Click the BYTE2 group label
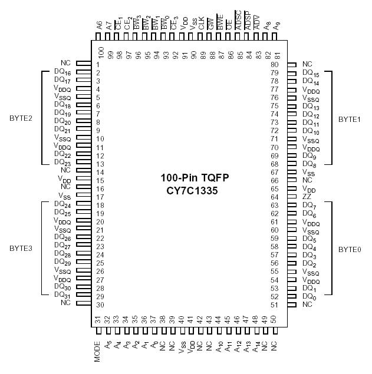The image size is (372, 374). [21, 118]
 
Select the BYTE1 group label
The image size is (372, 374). [350, 118]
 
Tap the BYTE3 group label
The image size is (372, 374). [21, 248]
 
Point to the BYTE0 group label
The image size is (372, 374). [350, 249]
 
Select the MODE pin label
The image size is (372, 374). [98, 352]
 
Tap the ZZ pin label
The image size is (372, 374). [307, 197]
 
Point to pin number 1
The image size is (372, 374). [98, 64]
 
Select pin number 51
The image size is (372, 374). [274, 305]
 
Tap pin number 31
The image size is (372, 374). [98, 319]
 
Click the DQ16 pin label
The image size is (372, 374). [62, 72]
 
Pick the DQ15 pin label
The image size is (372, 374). [311, 73]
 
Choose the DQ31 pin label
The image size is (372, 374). [62, 295]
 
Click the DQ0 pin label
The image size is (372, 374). [308, 296]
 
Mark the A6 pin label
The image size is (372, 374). [99, 26]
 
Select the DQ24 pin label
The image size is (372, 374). [62, 204]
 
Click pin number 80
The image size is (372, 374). [274, 64]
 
